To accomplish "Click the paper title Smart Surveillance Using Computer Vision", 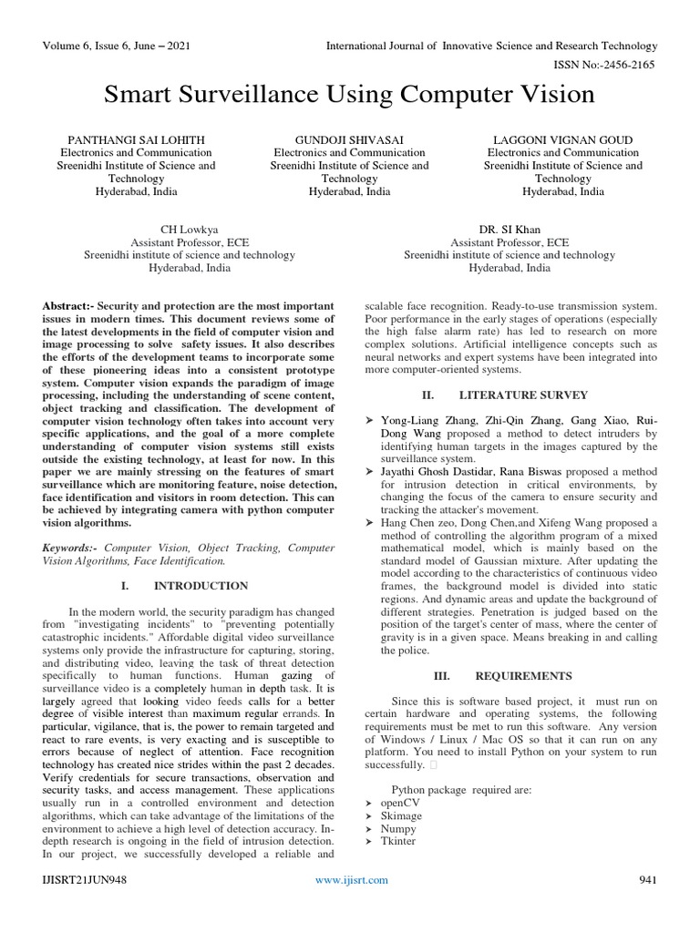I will [x=349, y=94].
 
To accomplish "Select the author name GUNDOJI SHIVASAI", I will [x=349, y=139].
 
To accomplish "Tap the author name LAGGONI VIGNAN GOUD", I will [x=562, y=139].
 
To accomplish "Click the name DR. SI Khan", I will [x=510, y=231].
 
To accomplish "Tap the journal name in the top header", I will [x=493, y=46].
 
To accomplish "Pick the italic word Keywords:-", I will [x=71, y=548].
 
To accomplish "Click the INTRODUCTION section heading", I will [x=201, y=585].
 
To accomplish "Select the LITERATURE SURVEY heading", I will [x=523, y=395].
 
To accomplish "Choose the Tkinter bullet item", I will [x=399, y=841].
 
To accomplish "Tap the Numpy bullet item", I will [x=399, y=828].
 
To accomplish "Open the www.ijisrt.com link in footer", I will [x=351, y=879].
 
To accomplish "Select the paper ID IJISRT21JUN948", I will [x=84, y=879].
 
